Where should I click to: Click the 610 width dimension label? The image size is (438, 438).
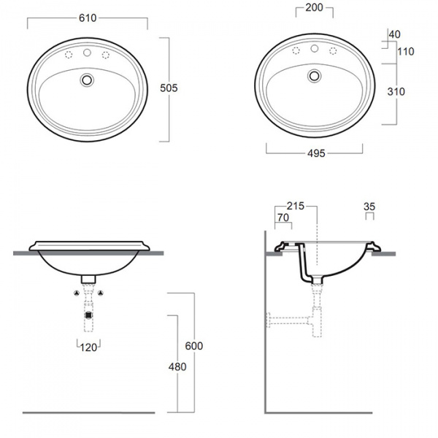click(88, 18)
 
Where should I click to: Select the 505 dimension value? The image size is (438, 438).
click(169, 88)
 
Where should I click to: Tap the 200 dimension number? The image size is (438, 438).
click(314, 7)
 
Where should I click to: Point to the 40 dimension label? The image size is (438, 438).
click(394, 34)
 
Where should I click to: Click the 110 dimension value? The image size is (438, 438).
click(406, 51)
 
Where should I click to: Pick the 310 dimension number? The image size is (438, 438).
click(396, 91)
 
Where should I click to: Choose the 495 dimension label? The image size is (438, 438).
click(316, 153)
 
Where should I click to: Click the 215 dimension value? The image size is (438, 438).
click(296, 206)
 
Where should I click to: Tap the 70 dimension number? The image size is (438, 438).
click(283, 218)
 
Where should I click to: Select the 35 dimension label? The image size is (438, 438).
click(369, 207)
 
